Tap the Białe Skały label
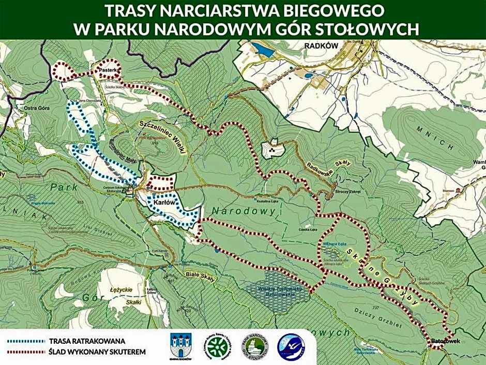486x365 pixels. [199, 271]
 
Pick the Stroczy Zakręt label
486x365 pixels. [348, 191]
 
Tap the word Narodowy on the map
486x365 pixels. [247, 212]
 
